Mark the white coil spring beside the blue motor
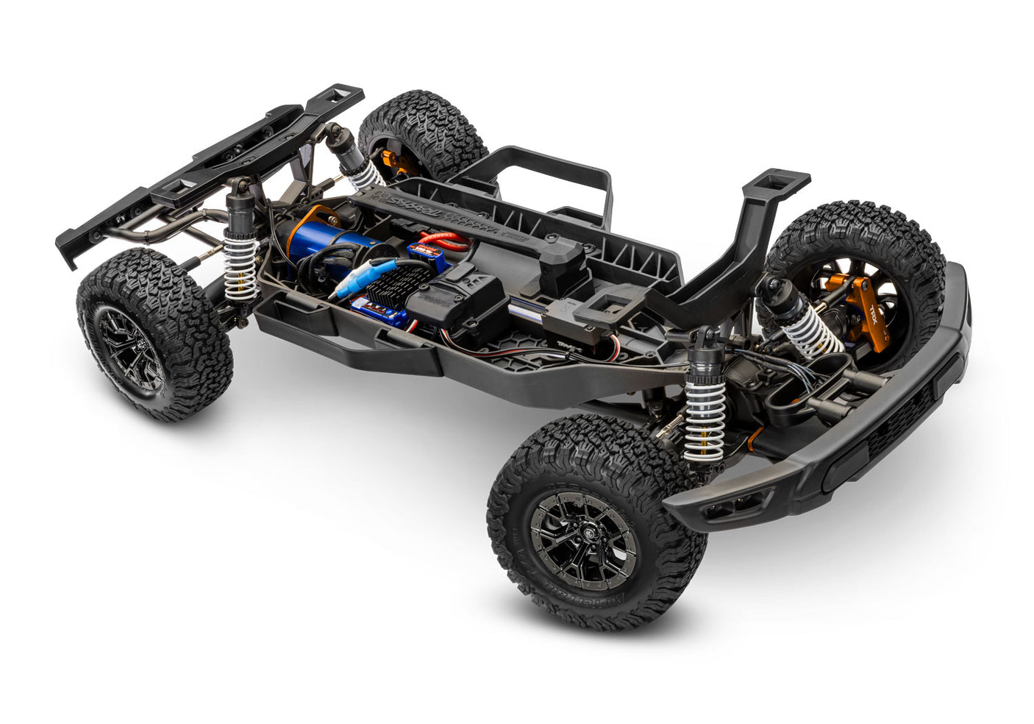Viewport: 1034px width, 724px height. point(239,265)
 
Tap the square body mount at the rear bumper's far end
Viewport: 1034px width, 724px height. point(343,95)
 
